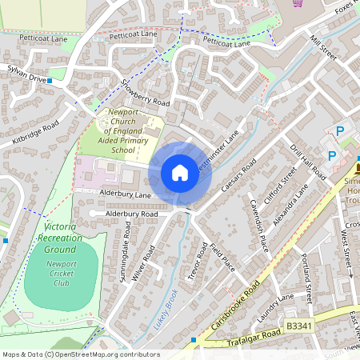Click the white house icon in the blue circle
click(x=180, y=173)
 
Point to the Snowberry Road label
click(x=146, y=92)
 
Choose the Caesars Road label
click(x=238, y=176)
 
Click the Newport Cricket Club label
click(x=61, y=274)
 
